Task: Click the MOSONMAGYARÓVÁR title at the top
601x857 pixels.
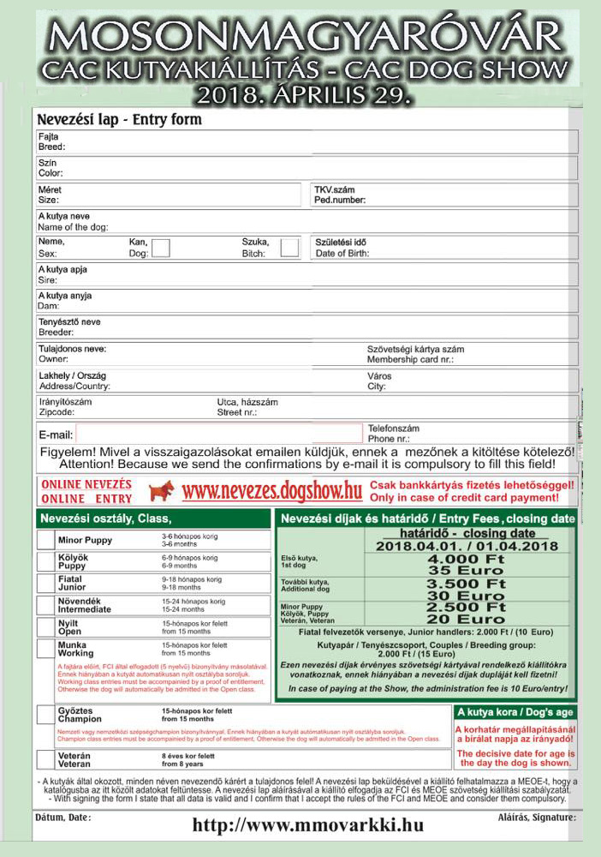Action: pyautogui.click(x=300, y=36)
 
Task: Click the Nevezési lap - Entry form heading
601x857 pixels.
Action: pyautogui.click(x=120, y=120)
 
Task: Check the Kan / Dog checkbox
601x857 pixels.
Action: pyautogui.click(x=160, y=248)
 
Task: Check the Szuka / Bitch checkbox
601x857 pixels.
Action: pyautogui.click(x=290, y=248)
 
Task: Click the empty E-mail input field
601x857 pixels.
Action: pyautogui.click(x=219, y=434)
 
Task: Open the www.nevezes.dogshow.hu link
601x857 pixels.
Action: pyautogui.click(x=272, y=491)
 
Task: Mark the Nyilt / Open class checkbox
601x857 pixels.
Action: pyautogui.click(x=45, y=626)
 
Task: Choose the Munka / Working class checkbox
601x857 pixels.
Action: pyautogui.click(x=45, y=649)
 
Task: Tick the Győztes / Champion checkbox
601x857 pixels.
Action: pyautogui.click(x=45, y=715)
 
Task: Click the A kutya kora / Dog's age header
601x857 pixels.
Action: pyautogui.click(x=516, y=712)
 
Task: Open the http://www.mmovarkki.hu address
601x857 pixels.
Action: pyautogui.click(x=308, y=826)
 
